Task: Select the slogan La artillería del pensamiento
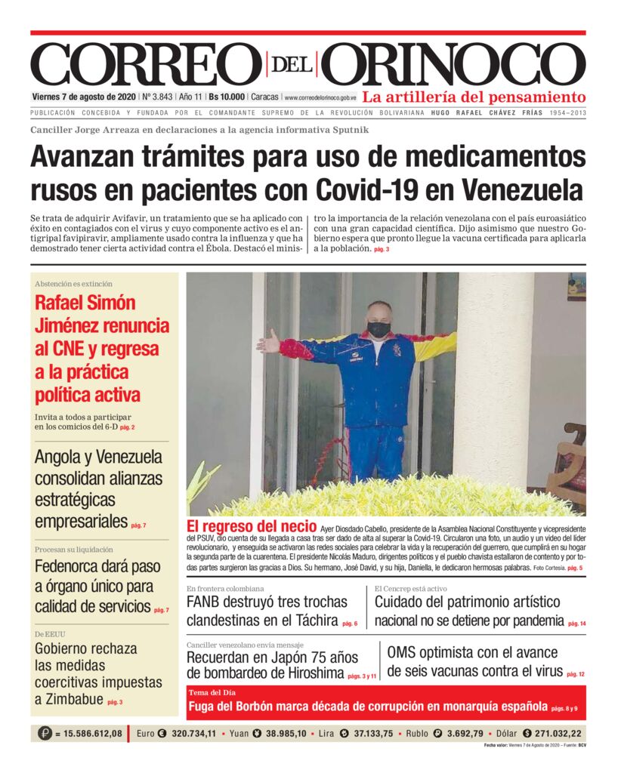[x=474, y=97]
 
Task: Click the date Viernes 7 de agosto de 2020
[x=84, y=97]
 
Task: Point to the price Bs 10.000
[x=227, y=97]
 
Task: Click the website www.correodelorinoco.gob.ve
[x=320, y=98]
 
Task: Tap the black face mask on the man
[x=378, y=329]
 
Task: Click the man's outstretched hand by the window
[x=267, y=343]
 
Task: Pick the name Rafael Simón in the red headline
[x=85, y=303]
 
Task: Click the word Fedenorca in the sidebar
[x=74, y=566]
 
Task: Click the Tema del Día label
[x=214, y=692]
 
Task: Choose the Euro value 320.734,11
[x=193, y=733]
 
